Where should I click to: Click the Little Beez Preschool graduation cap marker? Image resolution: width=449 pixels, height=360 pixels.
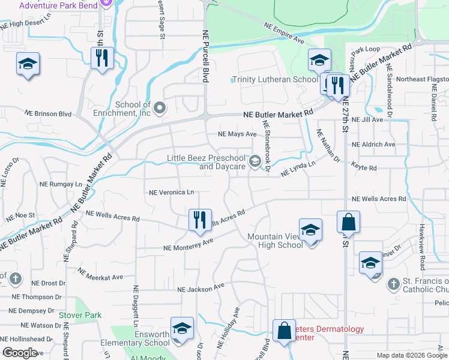[255, 160]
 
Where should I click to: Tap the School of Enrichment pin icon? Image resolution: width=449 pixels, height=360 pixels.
[160, 108]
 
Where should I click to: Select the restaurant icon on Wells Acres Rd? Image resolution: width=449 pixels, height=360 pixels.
[200, 220]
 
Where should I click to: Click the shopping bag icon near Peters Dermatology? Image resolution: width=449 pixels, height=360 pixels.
[283, 331]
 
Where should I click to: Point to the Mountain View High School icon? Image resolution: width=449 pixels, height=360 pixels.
[310, 231]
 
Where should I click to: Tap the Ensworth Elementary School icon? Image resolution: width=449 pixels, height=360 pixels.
[182, 329]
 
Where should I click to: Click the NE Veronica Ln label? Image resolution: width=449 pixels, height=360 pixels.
[172, 193]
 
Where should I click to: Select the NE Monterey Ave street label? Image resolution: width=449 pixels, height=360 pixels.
[188, 244]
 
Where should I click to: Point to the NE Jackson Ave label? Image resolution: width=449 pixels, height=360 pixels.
[201, 289]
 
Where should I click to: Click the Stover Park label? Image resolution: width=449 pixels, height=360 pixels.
[80, 315]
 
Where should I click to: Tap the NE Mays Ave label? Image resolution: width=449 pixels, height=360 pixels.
[237, 134]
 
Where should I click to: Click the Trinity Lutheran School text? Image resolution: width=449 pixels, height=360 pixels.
[275, 80]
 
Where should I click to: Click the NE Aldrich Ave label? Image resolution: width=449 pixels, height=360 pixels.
[373, 145]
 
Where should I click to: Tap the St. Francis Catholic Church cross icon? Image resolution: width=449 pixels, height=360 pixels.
[393, 283]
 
